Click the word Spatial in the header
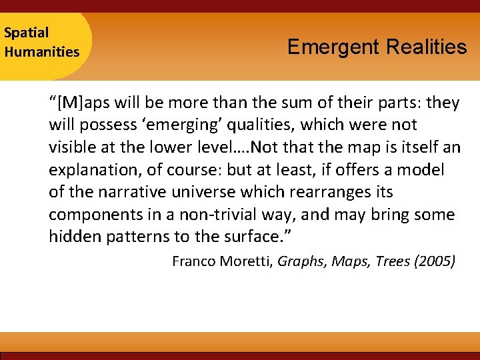coord(27,32)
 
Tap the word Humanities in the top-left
coord(41,51)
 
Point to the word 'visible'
coord(72,147)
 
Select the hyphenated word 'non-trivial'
coord(211,215)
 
